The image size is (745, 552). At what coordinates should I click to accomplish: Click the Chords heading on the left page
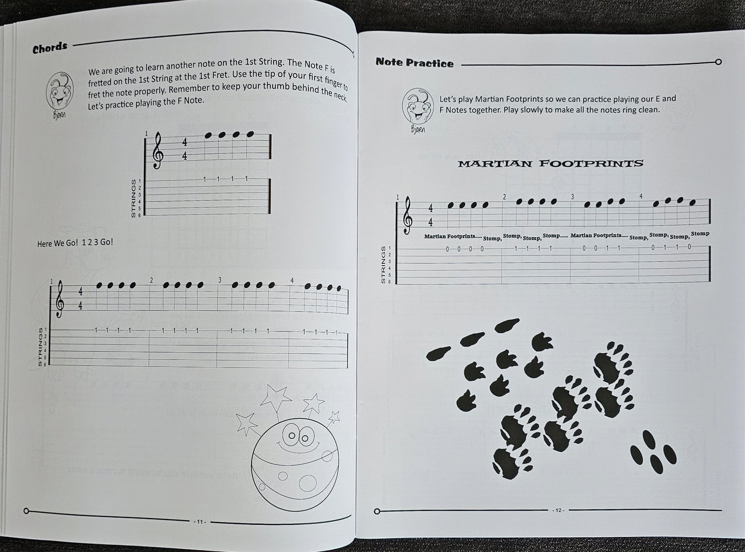[x=50, y=48]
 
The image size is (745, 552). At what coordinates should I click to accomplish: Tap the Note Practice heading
[x=415, y=63]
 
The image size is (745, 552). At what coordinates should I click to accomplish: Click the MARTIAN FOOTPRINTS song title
[x=551, y=163]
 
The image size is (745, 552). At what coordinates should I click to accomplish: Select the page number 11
[x=199, y=521]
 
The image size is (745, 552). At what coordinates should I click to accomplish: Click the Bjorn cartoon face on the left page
[x=61, y=91]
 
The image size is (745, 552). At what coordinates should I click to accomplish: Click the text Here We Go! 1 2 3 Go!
[x=75, y=243]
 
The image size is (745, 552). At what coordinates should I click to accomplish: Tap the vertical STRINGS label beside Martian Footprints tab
[x=383, y=265]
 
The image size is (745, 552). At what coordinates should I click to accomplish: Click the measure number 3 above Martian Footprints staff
[x=572, y=197]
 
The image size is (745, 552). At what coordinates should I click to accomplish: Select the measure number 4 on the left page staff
[x=292, y=281]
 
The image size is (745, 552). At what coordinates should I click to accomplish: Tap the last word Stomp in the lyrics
[x=700, y=234]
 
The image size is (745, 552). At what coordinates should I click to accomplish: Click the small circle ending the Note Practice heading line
[x=718, y=62]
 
